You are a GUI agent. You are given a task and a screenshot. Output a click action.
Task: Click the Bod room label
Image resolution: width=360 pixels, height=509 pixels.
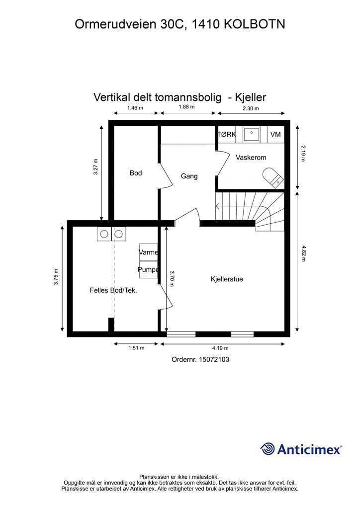[136, 173]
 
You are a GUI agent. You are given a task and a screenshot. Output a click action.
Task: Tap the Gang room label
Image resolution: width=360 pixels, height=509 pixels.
[189, 176]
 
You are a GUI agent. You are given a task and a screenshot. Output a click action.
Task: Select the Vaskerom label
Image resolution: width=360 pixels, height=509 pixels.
[251, 158]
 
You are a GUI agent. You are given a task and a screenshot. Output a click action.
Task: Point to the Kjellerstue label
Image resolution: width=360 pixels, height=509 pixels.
[227, 279]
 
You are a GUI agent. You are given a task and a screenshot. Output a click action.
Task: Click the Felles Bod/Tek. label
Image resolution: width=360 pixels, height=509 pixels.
[113, 290]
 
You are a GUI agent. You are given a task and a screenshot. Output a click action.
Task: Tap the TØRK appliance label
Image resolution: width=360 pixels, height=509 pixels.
[227, 134]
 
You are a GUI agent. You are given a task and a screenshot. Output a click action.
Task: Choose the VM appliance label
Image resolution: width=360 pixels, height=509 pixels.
[275, 134]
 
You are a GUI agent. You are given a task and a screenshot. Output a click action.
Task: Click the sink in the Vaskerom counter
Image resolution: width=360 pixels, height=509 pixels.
[251, 133]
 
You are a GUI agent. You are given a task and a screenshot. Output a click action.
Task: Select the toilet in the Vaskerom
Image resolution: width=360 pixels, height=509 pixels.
[272, 178]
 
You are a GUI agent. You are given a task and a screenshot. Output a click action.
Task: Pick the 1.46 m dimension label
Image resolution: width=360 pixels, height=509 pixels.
[135, 108]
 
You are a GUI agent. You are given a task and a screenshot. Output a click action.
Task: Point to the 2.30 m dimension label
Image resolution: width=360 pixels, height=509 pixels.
[251, 108]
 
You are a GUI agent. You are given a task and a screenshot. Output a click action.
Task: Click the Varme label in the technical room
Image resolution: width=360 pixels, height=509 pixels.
[148, 253]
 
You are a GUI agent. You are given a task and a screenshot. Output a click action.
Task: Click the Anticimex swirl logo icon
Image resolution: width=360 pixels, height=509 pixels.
[268, 449]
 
